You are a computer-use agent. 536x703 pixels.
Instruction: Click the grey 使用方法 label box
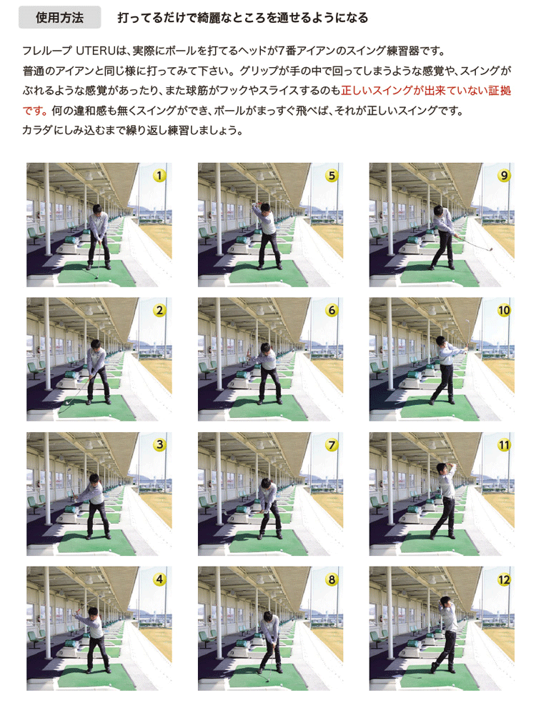59,17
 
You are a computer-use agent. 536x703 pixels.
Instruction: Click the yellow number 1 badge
159,175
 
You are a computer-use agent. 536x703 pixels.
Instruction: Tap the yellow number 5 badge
332,175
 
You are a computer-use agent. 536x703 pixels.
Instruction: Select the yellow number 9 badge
504,175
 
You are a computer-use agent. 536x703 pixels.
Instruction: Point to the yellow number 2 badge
159,310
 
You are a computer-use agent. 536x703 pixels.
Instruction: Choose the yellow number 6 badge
332,310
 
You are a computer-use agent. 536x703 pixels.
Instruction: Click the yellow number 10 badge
504,310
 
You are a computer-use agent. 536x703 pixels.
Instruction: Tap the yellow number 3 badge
159,445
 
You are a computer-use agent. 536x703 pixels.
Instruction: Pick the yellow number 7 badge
332,445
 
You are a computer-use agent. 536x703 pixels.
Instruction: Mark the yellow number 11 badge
504,445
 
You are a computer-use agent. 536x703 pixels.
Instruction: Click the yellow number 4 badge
159,579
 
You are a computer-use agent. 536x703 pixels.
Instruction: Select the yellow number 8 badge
332,579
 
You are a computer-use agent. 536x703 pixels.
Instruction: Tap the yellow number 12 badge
504,579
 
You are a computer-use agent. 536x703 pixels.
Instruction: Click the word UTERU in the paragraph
96,51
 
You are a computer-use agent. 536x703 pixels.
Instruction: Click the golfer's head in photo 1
98,209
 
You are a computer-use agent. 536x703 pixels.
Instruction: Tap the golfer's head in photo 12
445,602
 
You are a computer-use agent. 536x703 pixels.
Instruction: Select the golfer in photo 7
269,508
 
